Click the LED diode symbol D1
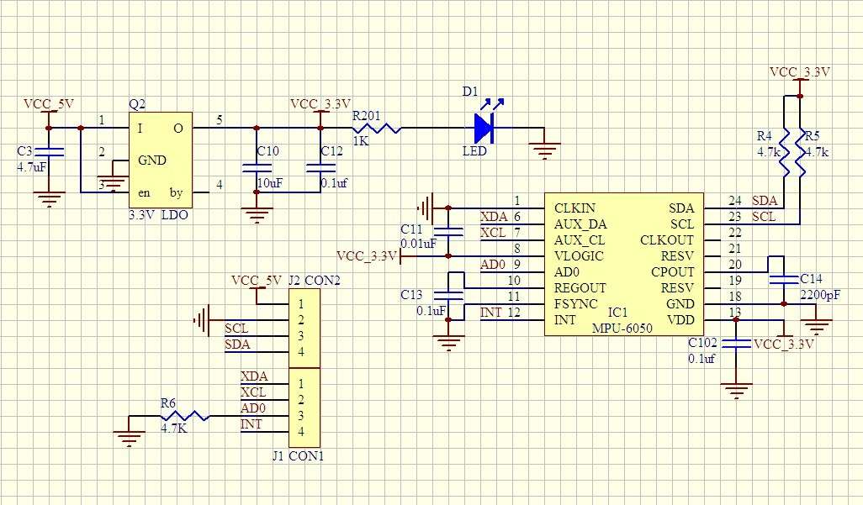tap(483, 129)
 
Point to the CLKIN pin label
tap(574, 208)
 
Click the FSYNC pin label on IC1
tap(575, 304)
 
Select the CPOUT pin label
tap(673, 272)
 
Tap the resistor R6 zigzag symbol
tap(184, 416)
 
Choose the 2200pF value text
tap(819, 295)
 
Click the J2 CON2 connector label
tap(313, 281)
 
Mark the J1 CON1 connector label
tap(298, 456)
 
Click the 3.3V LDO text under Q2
tap(159, 215)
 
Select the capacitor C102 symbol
tap(737, 343)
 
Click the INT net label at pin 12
tap(490, 313)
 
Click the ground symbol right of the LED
tap(546, 150)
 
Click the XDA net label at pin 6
tap(493, 217)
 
